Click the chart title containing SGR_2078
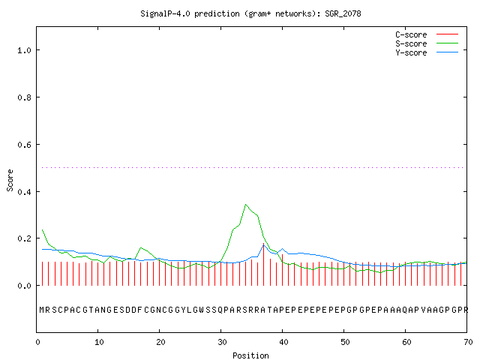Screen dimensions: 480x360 [250, 13]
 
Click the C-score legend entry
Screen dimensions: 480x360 [427, 34]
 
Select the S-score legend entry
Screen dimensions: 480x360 [427, 43]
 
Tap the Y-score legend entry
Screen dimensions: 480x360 [427, 52]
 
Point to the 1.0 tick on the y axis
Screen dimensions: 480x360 [24, 50]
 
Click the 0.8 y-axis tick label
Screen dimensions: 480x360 [24, 97]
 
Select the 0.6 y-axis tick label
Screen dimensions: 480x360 [24, 145]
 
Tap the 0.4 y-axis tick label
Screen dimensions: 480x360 [24, 192]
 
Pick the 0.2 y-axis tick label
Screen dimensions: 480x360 [24, 238]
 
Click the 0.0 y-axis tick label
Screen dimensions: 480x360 [24, 286]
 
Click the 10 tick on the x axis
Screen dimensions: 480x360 [99, 342]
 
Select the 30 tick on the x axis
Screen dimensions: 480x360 [222, 342]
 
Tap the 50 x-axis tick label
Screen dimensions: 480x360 [345, 342]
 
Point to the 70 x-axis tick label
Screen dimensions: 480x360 [468, 342]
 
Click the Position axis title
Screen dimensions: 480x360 [250, 355]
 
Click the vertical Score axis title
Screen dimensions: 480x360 [10, 180]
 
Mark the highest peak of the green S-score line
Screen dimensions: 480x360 [245, 205]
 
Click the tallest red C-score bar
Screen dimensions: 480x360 [263, 265]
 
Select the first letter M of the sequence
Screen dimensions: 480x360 [42, 310]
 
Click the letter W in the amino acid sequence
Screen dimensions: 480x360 [202, 310]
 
